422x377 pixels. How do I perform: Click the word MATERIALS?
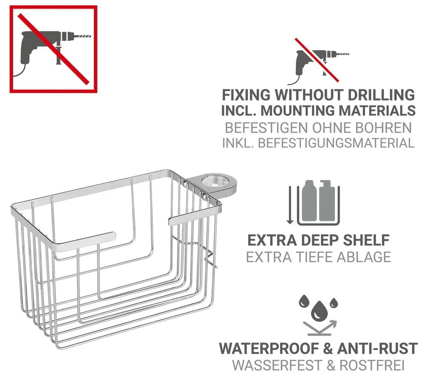coord(382,110)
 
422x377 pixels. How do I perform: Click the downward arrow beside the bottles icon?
coord(290,205)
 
